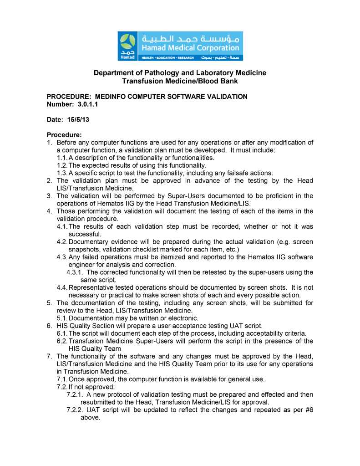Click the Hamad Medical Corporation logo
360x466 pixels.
pyautogui.click(x=180, y=46)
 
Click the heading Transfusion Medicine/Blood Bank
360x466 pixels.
pyautogui.click(x=180, y=81)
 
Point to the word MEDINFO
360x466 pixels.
pyautogui.click(x=112, y=97)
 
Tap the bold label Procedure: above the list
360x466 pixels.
pyautogui.click(x=64, y=135)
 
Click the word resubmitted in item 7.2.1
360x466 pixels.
pyautogui.click(x=100, y=402)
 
